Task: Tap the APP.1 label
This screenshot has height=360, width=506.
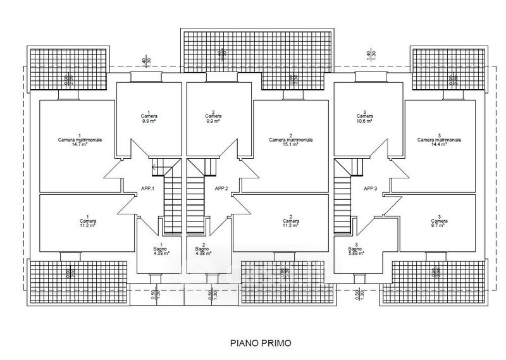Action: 149,189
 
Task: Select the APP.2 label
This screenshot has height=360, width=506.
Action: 221,189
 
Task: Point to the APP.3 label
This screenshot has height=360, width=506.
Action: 370,189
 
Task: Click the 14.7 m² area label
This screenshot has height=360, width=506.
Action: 79,144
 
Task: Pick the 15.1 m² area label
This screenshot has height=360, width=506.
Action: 290,144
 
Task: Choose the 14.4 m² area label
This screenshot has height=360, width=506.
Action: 439,144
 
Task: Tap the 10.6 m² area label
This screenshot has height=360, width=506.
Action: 364,121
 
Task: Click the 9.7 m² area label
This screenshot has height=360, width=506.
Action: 439,225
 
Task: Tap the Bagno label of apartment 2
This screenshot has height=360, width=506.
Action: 204,249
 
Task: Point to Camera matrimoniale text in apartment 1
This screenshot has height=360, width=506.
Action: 79,140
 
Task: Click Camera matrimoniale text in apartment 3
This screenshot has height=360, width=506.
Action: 439,140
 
